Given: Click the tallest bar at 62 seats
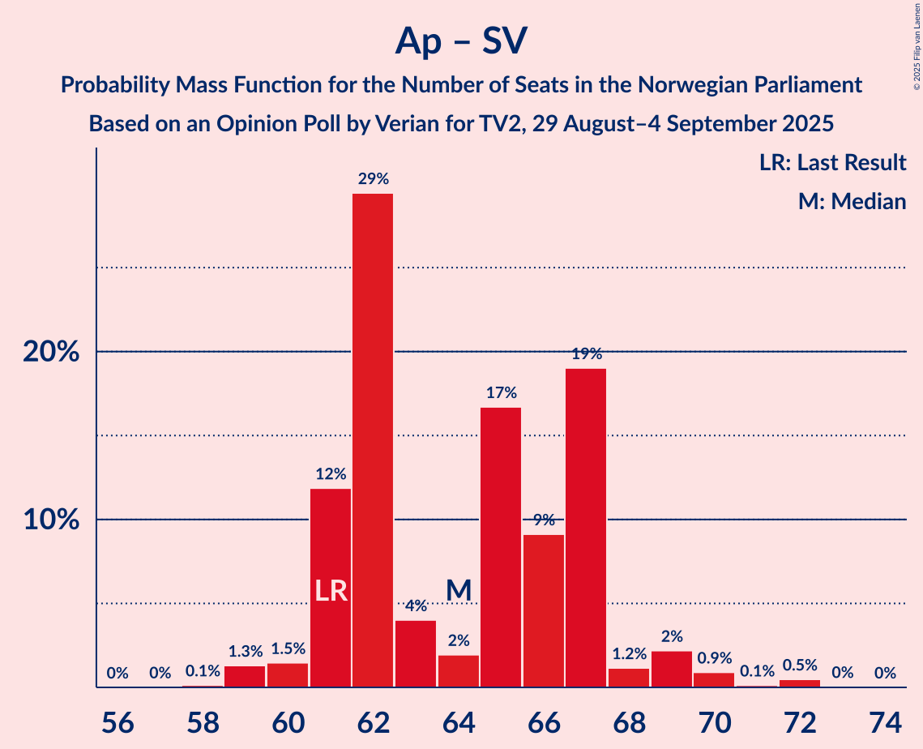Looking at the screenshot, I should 373,440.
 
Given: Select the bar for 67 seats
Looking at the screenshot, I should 586,528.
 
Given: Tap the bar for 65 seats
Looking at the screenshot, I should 501,547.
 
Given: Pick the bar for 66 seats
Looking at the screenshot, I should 544,610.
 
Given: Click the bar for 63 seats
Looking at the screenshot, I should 416,653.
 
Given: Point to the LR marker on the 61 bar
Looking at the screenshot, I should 331,591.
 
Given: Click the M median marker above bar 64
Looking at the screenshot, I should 459,590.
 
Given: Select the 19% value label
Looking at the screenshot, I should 586,354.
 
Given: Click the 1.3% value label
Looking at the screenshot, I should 246,652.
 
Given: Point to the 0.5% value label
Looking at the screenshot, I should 799,666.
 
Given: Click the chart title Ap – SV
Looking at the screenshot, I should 461,41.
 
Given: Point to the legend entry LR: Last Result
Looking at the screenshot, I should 832,163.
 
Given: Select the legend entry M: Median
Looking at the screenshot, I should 852,201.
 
